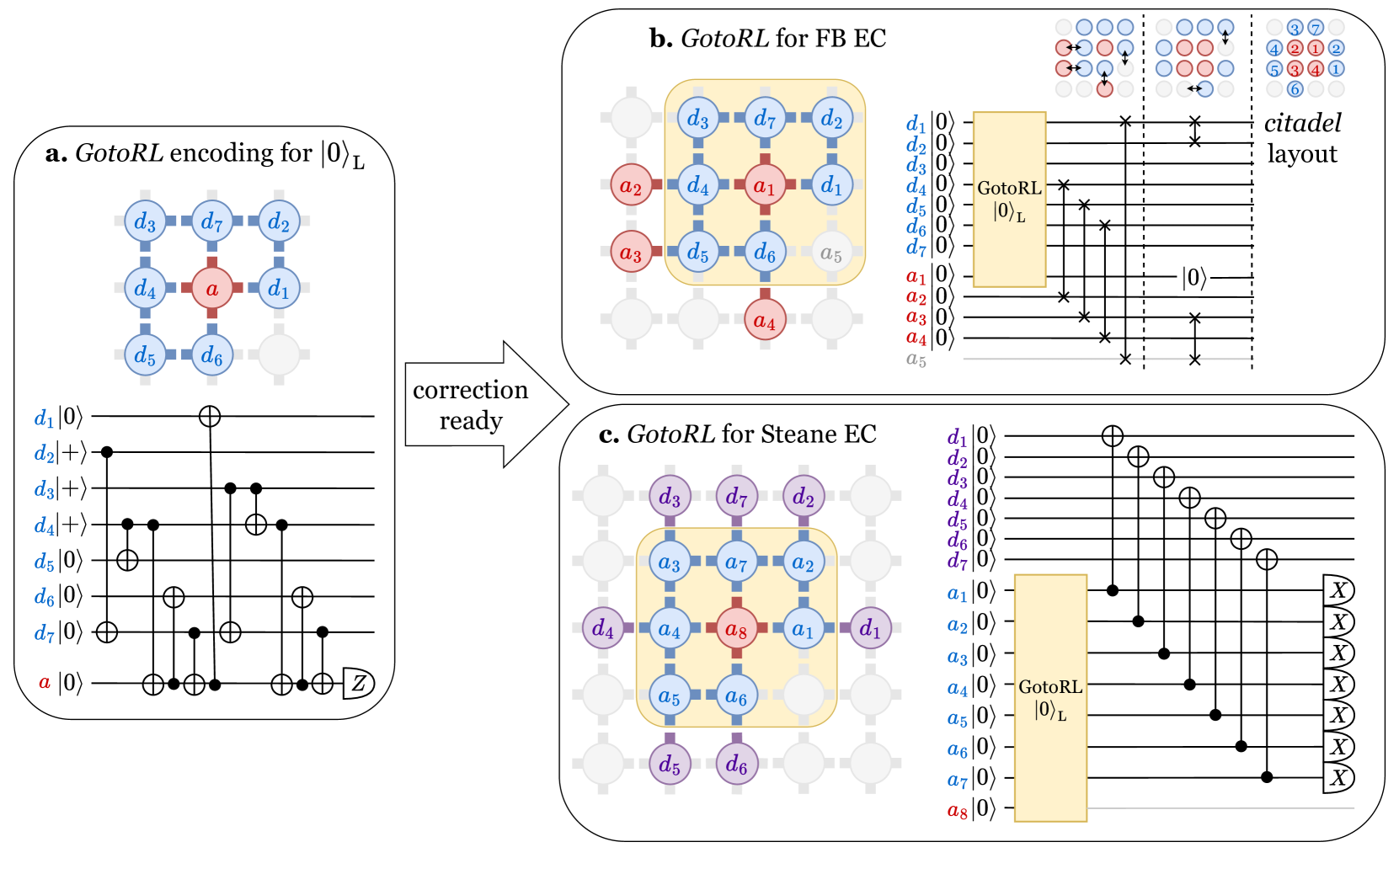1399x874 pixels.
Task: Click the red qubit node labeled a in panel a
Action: pyautogui.click(x=211, y=289)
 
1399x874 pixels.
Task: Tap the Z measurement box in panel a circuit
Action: pyautogui.click(x=359, y=683)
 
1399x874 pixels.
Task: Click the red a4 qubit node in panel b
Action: pyautogui.click(x=765, y=320)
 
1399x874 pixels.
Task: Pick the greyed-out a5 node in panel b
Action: pyautogui.click(x=831, y=253)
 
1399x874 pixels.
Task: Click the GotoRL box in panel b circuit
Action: pyautogui.click(x=1009, y=200)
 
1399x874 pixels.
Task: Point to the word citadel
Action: pyautogui.click(x=1303, y=123)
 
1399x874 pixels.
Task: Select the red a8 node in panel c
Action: pyautogui.click(x=736, y=629)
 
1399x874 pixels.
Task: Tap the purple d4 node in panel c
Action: pyautogui.click(x=603, y=628)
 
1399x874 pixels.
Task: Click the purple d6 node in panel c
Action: pyautogui.click(x=736, y=764)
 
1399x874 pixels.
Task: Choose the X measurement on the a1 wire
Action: pyautogui.click(x=1338, y=590)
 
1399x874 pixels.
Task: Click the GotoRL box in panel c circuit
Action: pyautogui.click(x=1050, y=697)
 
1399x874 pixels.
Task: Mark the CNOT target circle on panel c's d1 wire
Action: pyautogui.click(x=1113, y=435)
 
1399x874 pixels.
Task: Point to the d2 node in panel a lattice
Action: pyautogui.click(x=279, y=221)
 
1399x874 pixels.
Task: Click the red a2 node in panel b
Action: pyautogui.click(x=631, y=184)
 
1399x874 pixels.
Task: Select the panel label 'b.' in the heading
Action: pyautogui.click(x=661, y=39)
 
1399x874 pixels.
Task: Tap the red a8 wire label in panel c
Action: pyautogui.click(x=958, y=810)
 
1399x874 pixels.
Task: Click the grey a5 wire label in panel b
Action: pyautogui.click(x=916, y=360)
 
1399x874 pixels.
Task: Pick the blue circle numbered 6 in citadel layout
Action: pyautogui.click(x=1295, y=88)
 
